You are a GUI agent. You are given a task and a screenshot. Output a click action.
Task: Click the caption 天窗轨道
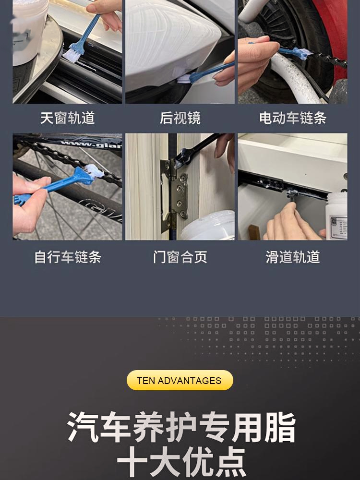(x=67, y=118)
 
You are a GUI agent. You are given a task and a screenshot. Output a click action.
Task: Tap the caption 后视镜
(x=180, y=118)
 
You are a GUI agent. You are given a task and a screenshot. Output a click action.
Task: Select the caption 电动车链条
(x=293, y=118)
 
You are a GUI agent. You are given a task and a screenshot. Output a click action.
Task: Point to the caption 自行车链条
(x=67, y=257)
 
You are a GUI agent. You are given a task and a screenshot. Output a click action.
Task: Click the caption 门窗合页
(x=180, y=257)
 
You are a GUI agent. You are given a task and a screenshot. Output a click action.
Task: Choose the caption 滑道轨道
(x=293, y=257)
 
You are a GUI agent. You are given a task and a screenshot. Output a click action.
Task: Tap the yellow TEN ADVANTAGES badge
(x=180, y=380)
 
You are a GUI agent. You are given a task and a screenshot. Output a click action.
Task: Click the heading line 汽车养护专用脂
(x=181, y=427)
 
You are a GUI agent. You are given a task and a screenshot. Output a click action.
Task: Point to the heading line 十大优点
(x=181, y=462)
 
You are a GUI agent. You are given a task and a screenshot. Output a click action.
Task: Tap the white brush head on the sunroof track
(x=71, y=55)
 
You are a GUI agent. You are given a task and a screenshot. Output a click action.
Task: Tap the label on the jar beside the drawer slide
(x=338, y=227)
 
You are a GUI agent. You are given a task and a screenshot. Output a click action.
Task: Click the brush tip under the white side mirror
(x=184, y=79)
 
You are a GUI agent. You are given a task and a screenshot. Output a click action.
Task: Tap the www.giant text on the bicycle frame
(x=92, y=144)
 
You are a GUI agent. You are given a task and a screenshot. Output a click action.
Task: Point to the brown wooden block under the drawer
(x=254, y=232)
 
